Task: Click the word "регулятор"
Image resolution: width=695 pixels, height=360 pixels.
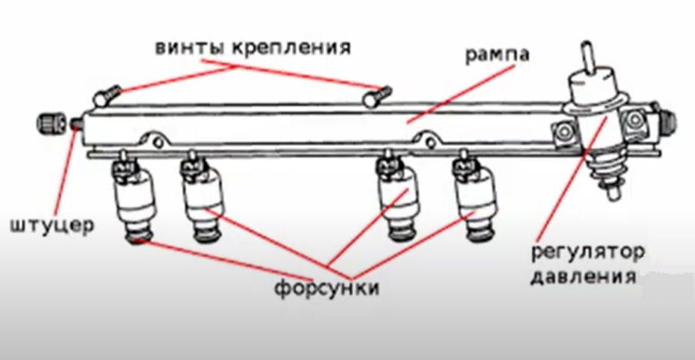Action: [586, 252]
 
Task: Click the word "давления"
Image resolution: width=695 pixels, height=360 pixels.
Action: [583, 275]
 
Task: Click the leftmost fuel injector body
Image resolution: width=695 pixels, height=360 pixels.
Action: [136, 202]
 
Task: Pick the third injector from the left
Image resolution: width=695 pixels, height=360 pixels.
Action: [397, 198]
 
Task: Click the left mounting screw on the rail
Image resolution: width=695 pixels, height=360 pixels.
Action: [105, 96]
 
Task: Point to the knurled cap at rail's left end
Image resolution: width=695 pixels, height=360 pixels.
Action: [50, 122]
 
